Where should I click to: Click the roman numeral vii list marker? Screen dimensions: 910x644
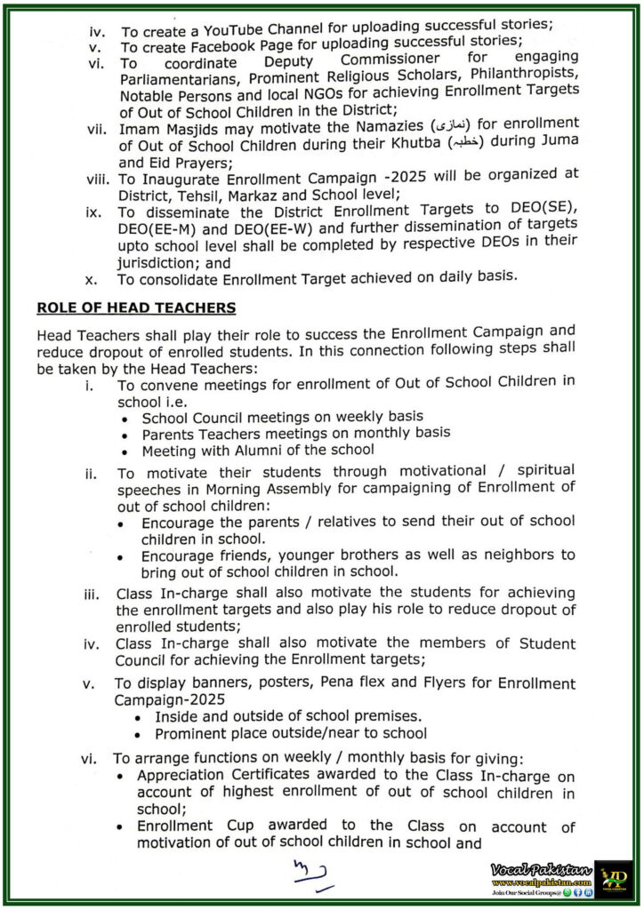[x=96, y=130]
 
